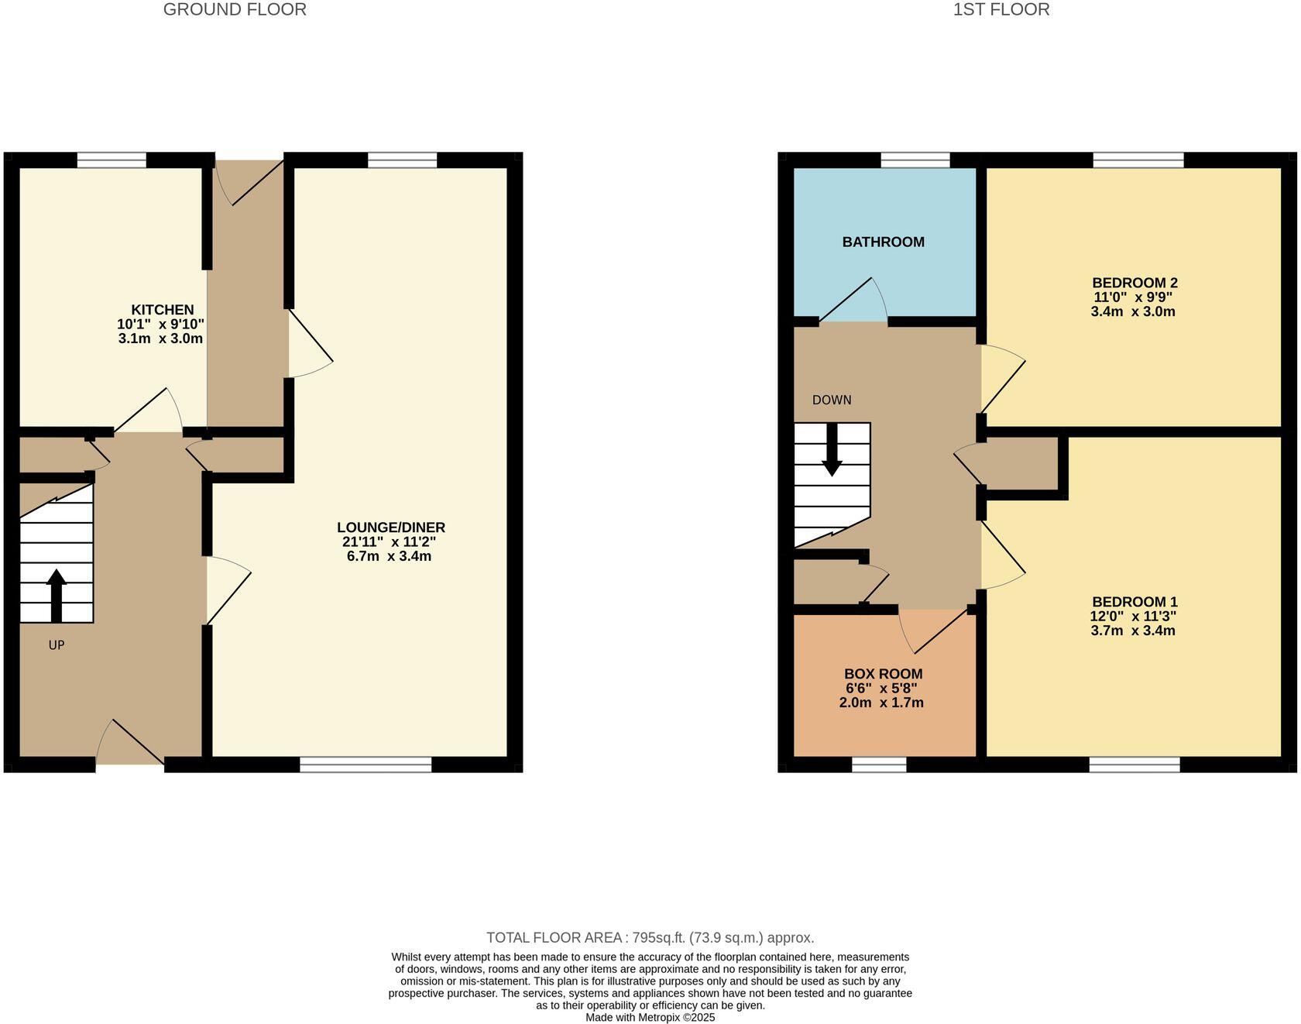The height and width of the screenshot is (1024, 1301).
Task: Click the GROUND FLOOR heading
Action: click(x=235, y=9)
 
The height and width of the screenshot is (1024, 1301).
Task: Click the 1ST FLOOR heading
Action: click(x=1001, y=9)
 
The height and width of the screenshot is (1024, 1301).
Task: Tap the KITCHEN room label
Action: click(x=163, y=310)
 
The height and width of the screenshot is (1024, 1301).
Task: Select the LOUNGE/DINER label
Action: click(x=390, y=527)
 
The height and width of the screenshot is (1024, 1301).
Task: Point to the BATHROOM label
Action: click(x=883, y=242)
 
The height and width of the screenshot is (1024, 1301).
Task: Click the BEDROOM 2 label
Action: click(x=1134, y=283)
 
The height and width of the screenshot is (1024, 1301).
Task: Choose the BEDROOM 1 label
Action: click(x=1134, y=602)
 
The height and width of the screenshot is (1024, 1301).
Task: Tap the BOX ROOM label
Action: click(x=883, y=674)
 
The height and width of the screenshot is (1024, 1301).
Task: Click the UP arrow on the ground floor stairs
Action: click(x=56, y=595)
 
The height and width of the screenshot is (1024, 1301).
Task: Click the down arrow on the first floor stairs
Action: click(x=832, y=450)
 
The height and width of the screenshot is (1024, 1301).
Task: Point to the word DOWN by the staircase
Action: click(x=831, y=400)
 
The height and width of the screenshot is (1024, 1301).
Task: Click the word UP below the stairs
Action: click(x=56, y=644)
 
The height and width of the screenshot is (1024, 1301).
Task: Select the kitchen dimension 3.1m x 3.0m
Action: click(x=160, y=338)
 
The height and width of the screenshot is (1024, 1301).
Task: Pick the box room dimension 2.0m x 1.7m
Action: click(x=881, y=703)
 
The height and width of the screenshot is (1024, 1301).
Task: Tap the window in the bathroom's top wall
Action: click(x=915, y=160)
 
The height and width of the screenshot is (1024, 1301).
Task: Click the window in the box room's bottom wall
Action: click(x=879, y=765)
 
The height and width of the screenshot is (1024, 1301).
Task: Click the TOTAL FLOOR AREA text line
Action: click(x=650, y=938)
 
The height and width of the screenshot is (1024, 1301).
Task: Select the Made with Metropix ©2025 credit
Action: click(x=650, y=1017)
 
